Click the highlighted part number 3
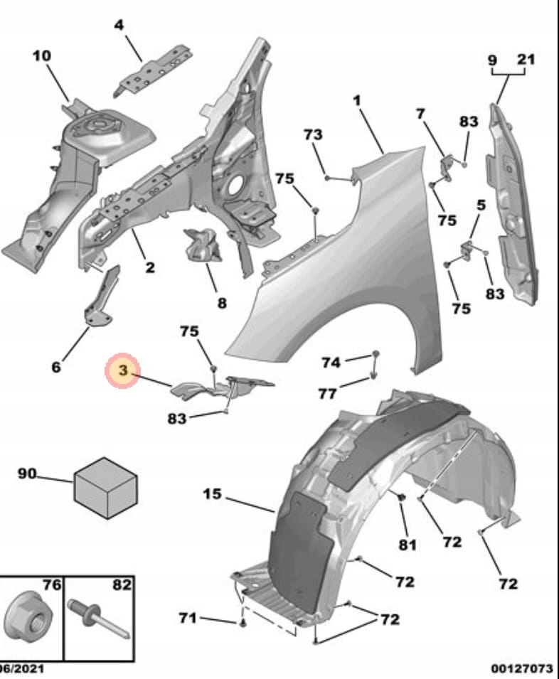(x=122, y=370)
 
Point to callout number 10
(x=41, y=56)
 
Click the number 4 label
(x=119, y=25)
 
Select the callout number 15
(x=212, y=493)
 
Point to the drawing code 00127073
(x=521, y=669)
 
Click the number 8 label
(x=222, y=304)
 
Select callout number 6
(x=56, y=367)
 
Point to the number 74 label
(x=331, y=363)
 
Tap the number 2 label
(x=150, y=268)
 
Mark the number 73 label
(x=313, y=134)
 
